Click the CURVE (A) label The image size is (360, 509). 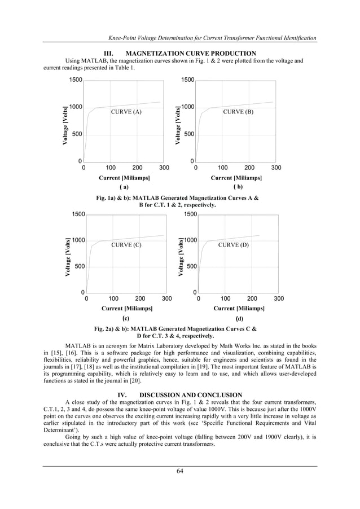(126, 112)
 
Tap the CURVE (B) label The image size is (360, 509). (238, 112)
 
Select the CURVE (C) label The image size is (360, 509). (126, 245)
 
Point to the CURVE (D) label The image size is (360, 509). (233, 245)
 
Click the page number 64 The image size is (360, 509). (180, 472)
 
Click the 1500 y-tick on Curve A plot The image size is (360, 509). (76, 81)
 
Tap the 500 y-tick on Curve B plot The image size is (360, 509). (188, 134)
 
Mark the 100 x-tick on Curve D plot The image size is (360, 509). (225, 298)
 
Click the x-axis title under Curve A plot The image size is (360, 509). (125, 178)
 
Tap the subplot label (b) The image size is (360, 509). (238, 186)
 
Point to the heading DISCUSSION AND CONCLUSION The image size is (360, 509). (191, 394)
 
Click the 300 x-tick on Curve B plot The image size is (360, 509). (276, 168)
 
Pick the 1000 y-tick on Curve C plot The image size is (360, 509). (76, 240)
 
